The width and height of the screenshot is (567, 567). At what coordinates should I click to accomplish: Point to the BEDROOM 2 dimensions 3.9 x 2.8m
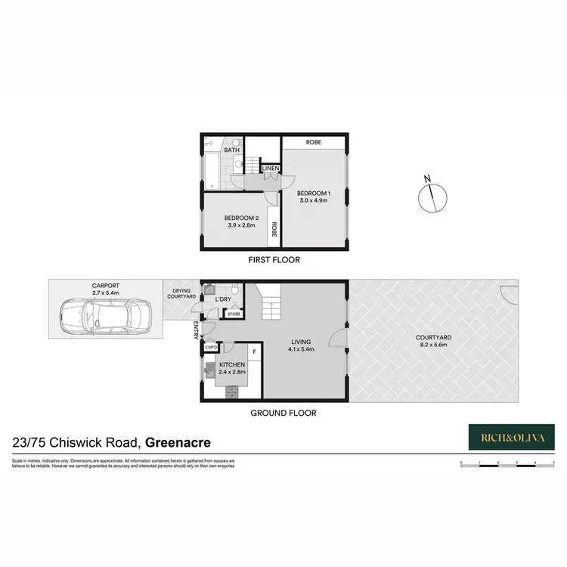(243, 225)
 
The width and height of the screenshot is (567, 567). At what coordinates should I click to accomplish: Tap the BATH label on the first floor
(231, 150)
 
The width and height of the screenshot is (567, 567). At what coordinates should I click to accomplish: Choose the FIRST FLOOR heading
(274, 260)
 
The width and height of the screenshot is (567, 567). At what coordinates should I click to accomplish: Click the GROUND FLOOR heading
(283, 413)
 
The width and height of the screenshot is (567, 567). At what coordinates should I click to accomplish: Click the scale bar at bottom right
(507, 462)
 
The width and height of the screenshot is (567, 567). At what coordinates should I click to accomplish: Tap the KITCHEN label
(232, 365)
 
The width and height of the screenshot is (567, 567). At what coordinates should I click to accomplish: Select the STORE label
(234, 314)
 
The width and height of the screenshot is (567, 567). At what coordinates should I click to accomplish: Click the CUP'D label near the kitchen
(211, 347)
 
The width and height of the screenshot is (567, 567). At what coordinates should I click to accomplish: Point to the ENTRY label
(195, 330)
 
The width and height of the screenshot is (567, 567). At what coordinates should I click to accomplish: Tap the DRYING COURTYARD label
(181, 293)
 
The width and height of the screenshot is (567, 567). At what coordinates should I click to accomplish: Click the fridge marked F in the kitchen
(255, 352)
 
